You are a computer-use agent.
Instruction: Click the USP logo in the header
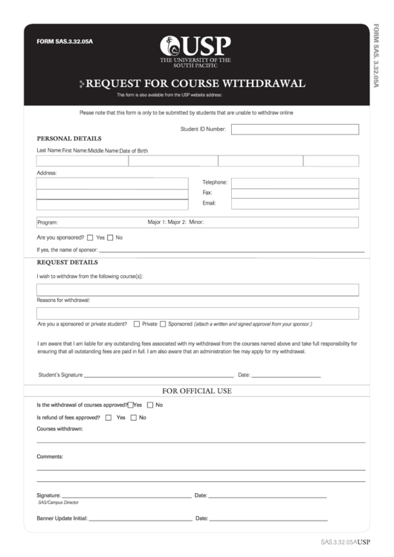197,50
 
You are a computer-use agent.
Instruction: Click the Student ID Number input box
294,129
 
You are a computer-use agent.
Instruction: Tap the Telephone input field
294,182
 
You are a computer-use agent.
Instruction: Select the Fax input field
294,193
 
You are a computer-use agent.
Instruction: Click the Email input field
294,203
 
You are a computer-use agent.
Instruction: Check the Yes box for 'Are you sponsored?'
90,238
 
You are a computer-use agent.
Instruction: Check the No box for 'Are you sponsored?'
110,238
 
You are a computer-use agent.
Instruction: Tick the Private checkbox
137,324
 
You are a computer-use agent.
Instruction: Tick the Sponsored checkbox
163,324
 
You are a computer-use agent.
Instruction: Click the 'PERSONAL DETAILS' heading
69,138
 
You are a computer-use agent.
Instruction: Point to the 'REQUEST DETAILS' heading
67,263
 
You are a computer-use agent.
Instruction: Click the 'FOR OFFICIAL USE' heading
197,391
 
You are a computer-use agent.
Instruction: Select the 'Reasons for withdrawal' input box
197,313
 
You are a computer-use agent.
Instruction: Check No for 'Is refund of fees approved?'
134,418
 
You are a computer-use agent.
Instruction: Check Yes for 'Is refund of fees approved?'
110,418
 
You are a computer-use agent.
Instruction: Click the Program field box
197,222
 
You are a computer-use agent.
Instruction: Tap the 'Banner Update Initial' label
62,518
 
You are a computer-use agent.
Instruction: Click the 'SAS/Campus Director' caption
58,503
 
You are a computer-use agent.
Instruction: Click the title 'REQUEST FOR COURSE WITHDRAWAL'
196,83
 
